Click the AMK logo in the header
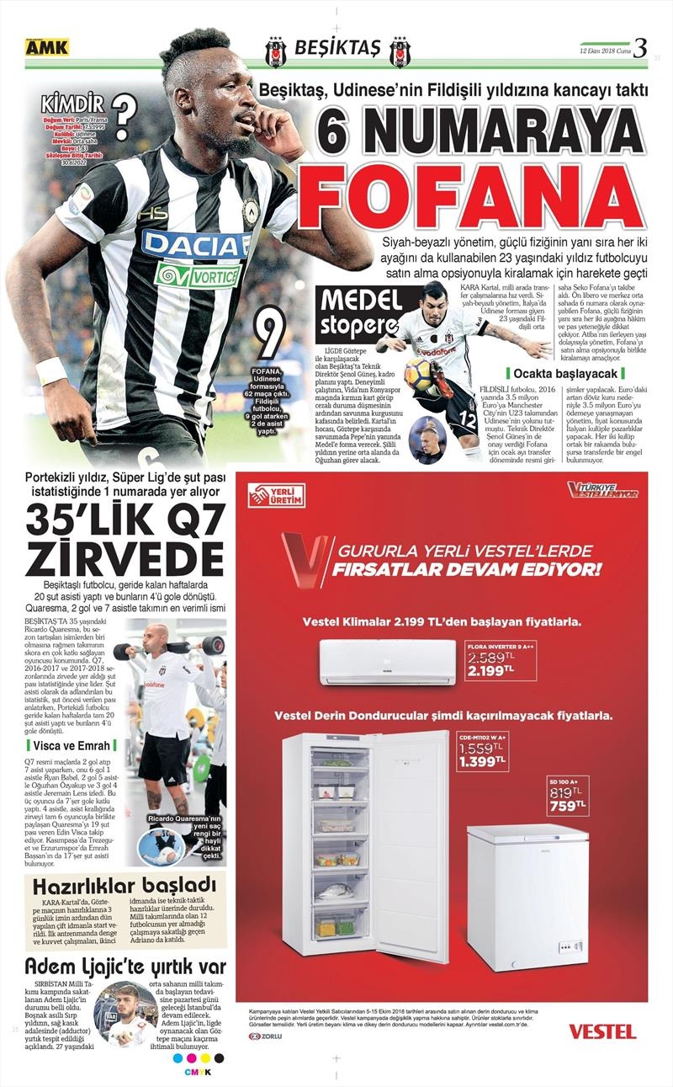[46, 48]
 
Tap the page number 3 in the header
[640, 48]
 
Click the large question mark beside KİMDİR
[124, 116]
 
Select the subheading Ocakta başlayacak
[564, 372]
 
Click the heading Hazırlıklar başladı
[125, 886]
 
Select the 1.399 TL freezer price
[482, 761]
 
